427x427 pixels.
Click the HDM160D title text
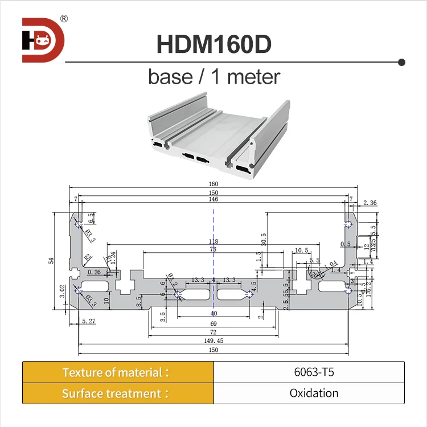(213, 44)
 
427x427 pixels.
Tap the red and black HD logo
(43, 40)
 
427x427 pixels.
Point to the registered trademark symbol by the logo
(64, 19)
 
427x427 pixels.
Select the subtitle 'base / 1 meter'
(213, 76)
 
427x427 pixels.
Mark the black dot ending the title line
(401, 61)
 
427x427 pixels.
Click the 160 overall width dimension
(213, 184)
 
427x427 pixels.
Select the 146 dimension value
(213, 200)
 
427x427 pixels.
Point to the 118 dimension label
(213, 241)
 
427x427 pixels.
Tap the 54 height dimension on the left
(51, 260)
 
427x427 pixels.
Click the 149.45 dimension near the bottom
(213, 341)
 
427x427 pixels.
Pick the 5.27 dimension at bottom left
(88, 322)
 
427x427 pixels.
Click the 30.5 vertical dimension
(263, 239)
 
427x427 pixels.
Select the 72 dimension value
(213, 331)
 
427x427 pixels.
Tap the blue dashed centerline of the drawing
(213, 228)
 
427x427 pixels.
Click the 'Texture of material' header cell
(118, 372)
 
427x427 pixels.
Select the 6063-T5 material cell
(309, 372)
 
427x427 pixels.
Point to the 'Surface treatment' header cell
(118, 393)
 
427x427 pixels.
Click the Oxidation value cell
(309, 393)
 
